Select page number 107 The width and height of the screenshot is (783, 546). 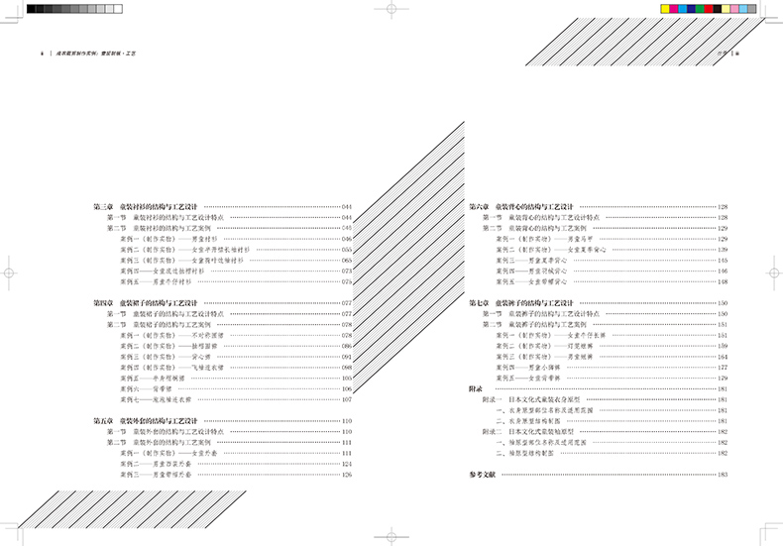[x=347, y=399]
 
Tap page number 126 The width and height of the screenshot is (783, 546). [x=347, y=475]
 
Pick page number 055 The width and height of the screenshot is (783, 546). [x=347, y=249]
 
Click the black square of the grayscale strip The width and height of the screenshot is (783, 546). [x=33, y=9]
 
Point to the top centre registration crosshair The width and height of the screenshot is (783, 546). [x=391, y=9]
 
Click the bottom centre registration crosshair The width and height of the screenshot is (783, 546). [x=391, y=535]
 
